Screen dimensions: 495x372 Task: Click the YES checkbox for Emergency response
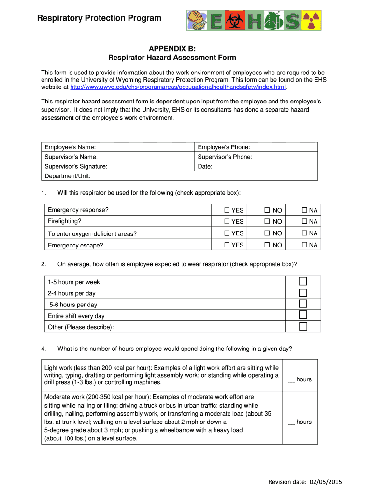(x=227, y=210)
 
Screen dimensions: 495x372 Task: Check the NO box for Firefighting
(x=266, y=222)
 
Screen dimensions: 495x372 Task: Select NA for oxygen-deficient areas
(x=304, y=233)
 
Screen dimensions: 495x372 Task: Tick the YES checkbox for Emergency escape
(x=227, y=245)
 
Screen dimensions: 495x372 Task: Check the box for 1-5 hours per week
(x=303, y=282)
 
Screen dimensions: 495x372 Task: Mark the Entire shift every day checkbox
(x=303, y=315)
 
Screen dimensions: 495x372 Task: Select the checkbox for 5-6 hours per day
(x=303, y=304)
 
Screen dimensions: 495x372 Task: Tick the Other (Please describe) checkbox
(x=303, y=327)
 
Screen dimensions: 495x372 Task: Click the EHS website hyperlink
(x=178, y=87)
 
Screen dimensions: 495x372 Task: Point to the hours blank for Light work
(x=291, y=379)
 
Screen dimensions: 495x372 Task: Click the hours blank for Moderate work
(x=291, y=422)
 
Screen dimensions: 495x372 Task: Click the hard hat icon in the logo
(x=197, y=19)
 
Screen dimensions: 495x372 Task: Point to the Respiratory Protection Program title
(x=100, y=18)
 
